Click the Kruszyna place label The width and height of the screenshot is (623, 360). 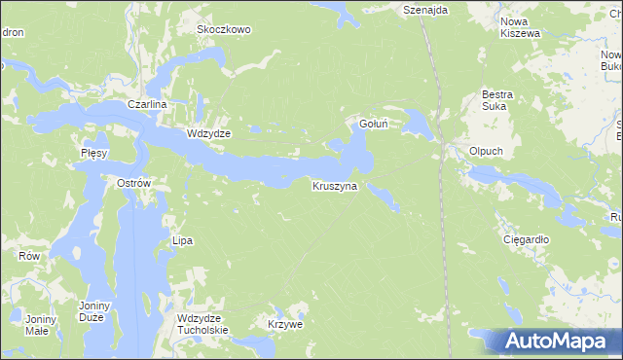[x=335, y=186]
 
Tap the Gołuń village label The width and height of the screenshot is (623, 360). [x=375, y=124]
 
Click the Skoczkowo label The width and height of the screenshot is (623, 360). [x=224, y=29]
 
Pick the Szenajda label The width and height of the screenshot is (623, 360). [x=425, y=9]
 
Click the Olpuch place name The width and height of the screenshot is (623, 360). [x=485, y=152]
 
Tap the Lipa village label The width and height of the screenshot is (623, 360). [x=182, y=240]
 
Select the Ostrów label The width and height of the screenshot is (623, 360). [x=133, y=183]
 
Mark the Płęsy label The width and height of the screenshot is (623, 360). [x=93, y=154]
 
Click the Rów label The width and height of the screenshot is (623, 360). [x=29, y=256]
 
